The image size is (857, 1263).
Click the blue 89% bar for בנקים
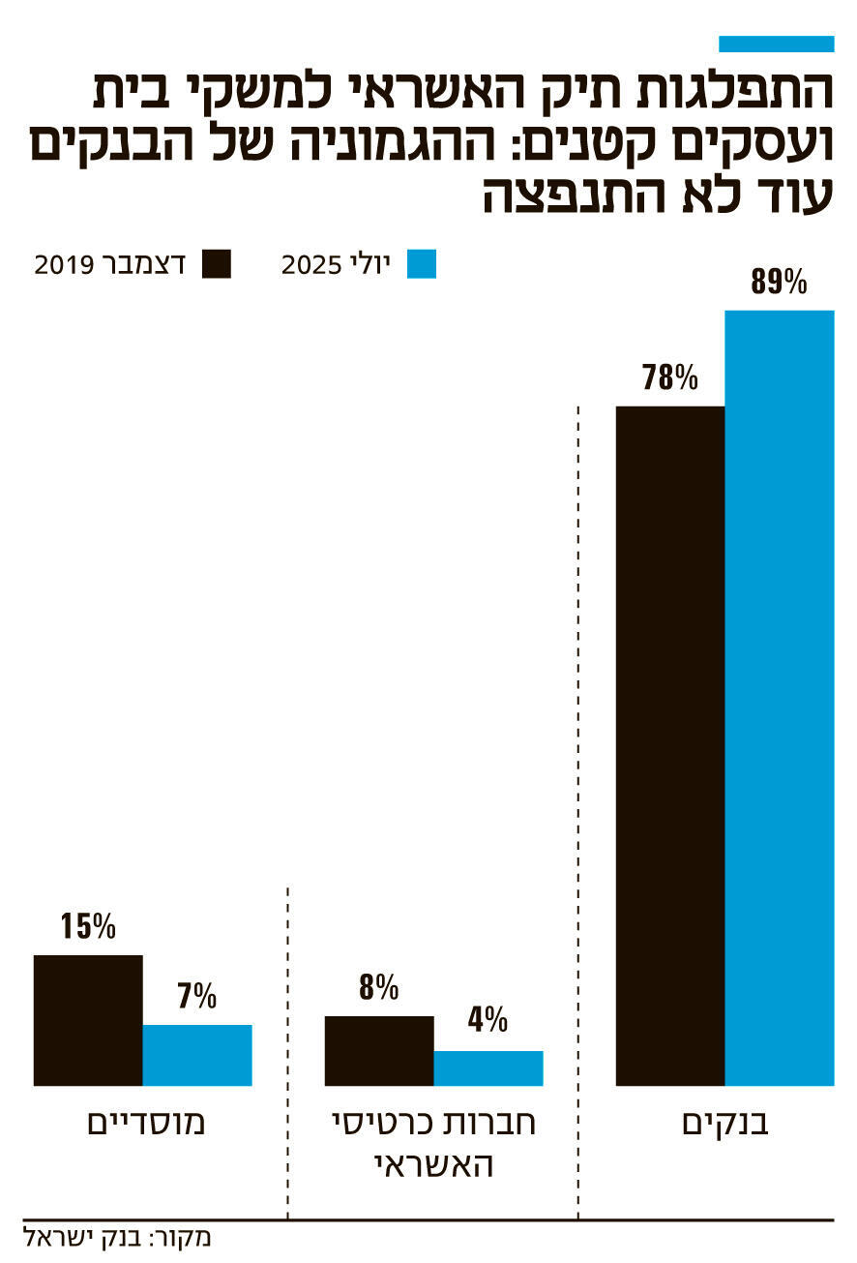pos(780,697)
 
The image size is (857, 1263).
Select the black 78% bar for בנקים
pos(670,745)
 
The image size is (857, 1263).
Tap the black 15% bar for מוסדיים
pos(88,1020)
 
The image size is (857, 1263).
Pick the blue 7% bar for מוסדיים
pos(197,1055)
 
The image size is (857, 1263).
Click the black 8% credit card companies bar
pos(379,1050)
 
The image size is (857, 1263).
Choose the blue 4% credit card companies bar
pos(488,1068)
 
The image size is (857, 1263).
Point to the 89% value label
pos(779,283)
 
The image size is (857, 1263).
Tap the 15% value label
pos(88,927)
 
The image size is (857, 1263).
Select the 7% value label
pos(197,997)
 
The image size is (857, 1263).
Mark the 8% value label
pos(379,988)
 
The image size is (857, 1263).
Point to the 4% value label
pos(488,1020)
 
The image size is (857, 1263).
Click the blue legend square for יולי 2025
pos(422,264)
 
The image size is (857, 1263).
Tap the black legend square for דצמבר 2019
pos(217,264)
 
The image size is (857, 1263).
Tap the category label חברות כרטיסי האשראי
pos(433,1143)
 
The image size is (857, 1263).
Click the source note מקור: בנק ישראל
pos(116,1238)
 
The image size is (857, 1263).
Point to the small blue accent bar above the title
pos(777,44)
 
